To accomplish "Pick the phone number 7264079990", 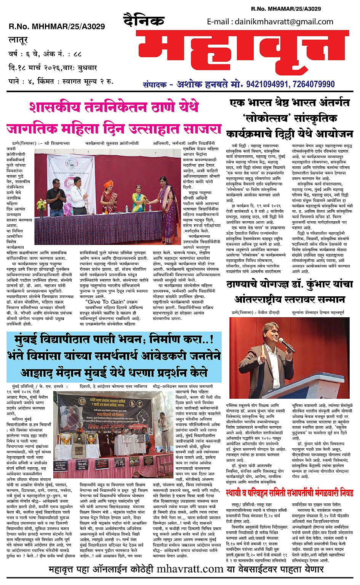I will click(314, 84).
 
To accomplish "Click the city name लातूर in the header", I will click(18, 40).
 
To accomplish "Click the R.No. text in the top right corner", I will click(286, 8).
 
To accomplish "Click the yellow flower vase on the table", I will click(41, 206).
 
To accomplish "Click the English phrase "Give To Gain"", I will click(101, 302).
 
